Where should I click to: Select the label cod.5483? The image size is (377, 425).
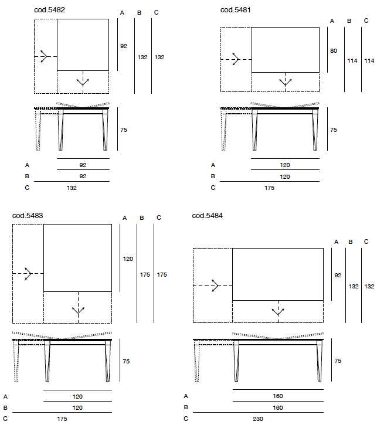28,216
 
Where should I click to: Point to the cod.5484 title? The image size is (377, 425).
207,216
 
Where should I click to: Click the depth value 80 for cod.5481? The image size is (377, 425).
333,51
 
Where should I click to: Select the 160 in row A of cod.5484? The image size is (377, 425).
278,396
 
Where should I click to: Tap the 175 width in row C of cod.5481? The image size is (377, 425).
269,188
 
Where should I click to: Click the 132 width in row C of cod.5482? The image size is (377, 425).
72,188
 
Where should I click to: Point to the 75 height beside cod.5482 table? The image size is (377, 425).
123,130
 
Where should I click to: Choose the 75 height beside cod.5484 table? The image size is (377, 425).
337,362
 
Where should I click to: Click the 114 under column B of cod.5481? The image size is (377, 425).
352,60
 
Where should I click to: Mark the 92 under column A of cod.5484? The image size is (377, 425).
337,275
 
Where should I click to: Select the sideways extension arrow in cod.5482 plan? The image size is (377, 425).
43,56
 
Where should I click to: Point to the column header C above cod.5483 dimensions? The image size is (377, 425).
159,218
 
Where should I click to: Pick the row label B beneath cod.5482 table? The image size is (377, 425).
26,176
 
